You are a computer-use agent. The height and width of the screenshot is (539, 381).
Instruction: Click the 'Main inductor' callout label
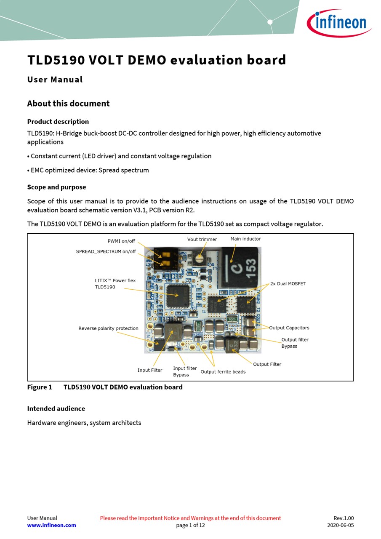pyautogui.click(x=245, y=239)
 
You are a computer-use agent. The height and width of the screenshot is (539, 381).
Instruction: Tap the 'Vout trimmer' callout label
pyautogui.click(x=202, y=239)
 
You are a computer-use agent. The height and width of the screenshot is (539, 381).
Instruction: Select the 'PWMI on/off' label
pyautogui.click(x=122, y=241)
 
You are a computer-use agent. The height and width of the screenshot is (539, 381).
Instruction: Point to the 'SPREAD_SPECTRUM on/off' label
pyautogui.click(x=106, y=251)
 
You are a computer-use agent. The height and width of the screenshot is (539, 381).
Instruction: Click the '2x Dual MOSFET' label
pyautogui.click(x=288, y=283)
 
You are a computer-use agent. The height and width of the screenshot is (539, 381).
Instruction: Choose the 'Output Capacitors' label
pyautogui.click(x=289, y=328)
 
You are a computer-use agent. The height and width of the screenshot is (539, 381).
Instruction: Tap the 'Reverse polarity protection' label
pyautogui.click(x=108, y=328)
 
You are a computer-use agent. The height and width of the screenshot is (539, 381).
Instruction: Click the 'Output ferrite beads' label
pyautogui.click(x=223, y=371)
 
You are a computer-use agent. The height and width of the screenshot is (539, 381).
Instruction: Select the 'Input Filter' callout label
pyautogui.click(x=149, y=370)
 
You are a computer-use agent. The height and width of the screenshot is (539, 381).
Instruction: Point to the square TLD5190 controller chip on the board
pyautogui.click(x=178, y=296)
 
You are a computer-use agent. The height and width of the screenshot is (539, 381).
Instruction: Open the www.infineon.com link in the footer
pyautogui.click(x=52, y=525)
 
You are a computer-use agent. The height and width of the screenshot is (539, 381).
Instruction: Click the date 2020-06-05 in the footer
pyautogui.click(x=340, y=525)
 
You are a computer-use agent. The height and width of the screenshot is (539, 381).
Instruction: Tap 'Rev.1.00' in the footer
pyautogui.click(x=344, y=518)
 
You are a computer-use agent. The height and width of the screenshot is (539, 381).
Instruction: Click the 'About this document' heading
pyautogui.click(x=68, y=104)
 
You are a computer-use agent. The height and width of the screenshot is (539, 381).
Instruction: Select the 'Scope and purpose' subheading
pyautogui.click(x=56, y=187)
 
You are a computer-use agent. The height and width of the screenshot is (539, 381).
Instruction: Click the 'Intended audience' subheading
pyautogui.click(x=56, y=408)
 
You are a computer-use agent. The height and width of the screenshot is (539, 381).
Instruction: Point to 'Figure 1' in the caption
pyautogui.click(x=40, y=387)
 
